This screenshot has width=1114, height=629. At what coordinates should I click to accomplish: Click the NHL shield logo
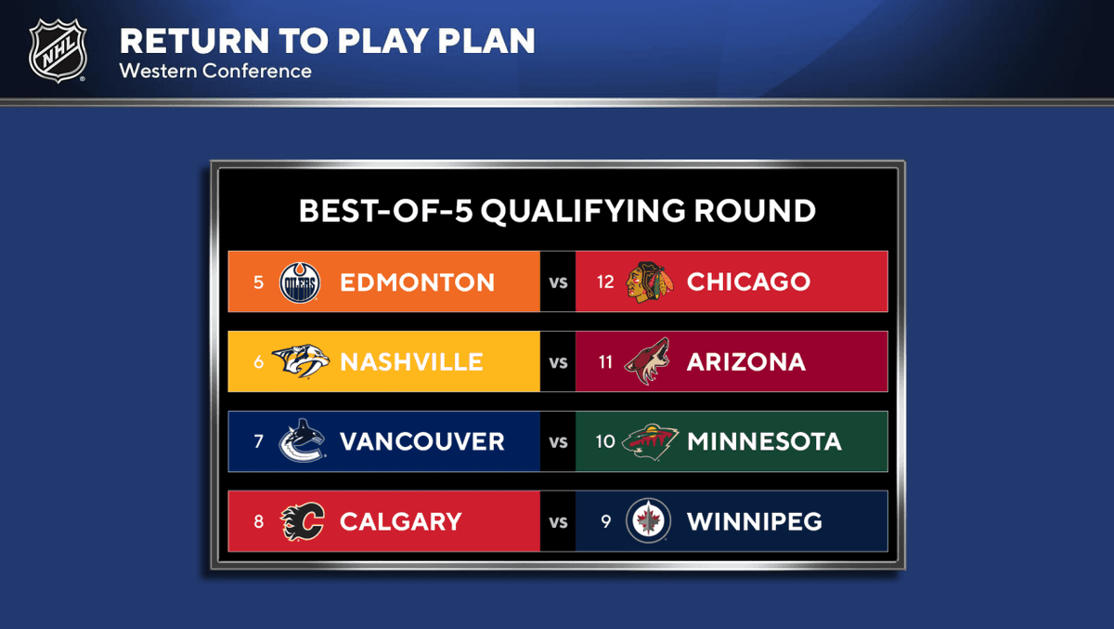(x=58, y=50)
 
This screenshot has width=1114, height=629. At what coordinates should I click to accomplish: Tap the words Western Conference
(x=215, y=71)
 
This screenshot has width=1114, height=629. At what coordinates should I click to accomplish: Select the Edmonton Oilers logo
(x=300, y=282)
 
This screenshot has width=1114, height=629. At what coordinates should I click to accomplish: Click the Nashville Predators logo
(x=301, y=361)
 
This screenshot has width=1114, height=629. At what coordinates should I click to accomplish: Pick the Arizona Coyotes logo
(x=647, y=361)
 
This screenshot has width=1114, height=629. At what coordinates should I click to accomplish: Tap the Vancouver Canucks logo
(x=302, y=441)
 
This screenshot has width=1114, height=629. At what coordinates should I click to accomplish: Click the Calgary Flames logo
(x=302, y=521)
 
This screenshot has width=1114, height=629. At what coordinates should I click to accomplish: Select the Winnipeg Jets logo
(x=648, y=521)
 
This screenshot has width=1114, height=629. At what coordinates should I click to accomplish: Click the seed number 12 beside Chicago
(x=605, y=282)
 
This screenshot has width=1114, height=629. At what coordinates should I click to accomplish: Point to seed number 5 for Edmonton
(x=258, y=282)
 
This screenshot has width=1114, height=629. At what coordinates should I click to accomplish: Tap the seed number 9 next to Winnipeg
(x=605, y=521)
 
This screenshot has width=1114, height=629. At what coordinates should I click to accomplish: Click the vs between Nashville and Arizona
(x=558, y=362)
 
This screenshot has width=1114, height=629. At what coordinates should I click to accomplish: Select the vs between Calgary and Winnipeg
(x=558, y=522)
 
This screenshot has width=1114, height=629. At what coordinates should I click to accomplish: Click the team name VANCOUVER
(x=422, y=441)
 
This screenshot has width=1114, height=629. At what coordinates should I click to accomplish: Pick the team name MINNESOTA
(x=764, y=441)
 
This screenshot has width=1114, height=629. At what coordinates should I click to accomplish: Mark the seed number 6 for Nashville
(x=259, y=361)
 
